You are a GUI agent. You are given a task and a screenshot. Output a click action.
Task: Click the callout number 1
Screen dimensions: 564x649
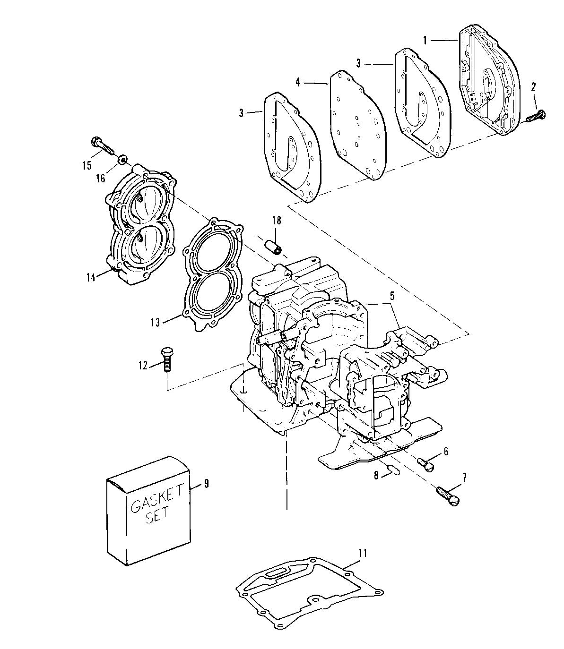pos(425,40)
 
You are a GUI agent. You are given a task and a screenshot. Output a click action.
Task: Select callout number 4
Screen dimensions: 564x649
pos(297,83)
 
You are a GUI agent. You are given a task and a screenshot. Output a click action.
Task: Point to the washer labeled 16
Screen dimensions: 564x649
pos(122,159)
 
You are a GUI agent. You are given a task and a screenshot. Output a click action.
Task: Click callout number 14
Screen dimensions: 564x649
pos(91,278)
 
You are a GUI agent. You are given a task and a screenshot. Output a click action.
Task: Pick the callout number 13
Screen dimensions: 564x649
pos(156,323)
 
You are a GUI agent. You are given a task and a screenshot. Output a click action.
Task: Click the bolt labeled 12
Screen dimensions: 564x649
pos(167,359)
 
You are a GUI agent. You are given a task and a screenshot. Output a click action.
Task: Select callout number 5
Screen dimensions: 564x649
pos(392,296)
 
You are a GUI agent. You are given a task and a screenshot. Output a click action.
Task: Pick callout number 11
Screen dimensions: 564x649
pos(363,553)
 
